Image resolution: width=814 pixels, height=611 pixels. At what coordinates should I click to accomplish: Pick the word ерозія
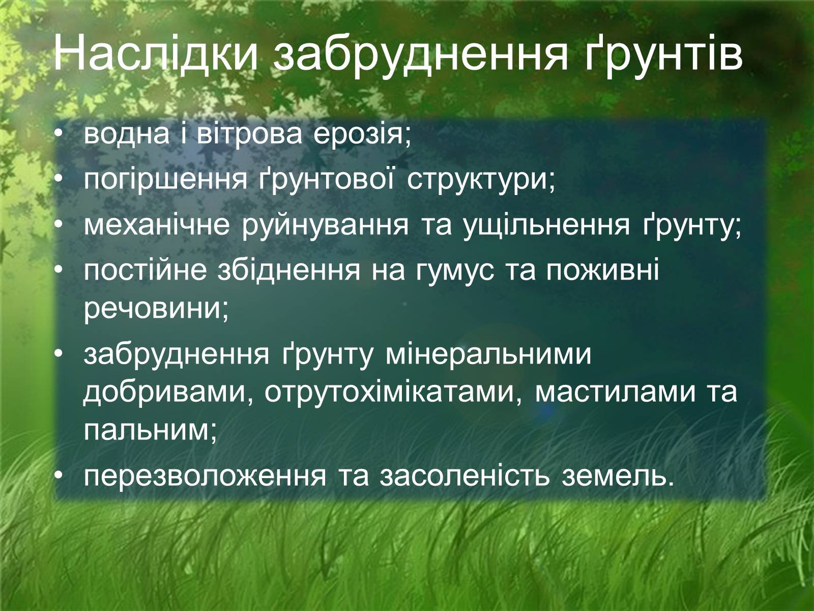coord(362,136)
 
